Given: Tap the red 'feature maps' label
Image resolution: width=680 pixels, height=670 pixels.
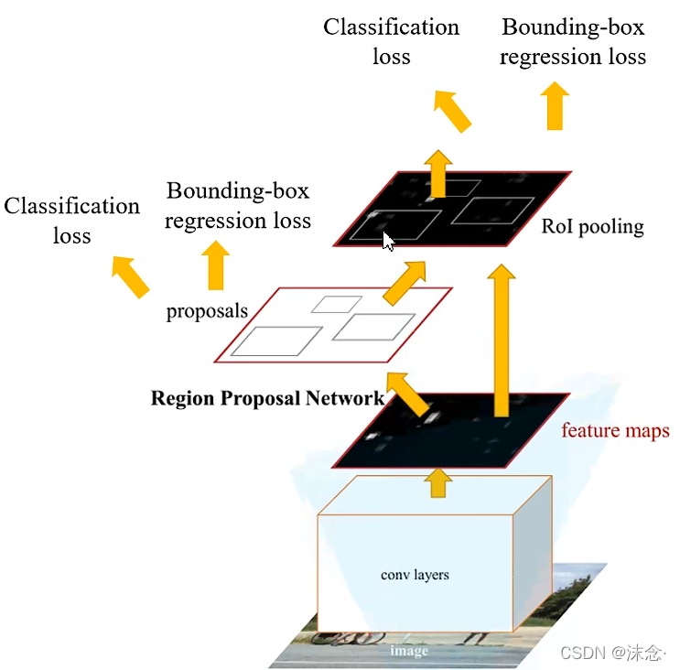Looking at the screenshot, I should [x=615, y=430].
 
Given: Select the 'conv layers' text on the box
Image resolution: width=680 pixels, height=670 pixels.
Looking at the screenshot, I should [x=415, y=575].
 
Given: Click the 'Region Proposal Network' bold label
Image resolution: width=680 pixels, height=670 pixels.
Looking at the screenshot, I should [x=267, y=398].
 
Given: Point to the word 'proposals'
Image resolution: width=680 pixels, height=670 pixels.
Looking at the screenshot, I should [x=207, y=311].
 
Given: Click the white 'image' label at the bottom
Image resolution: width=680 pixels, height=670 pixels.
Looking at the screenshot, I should [x=408, y=651].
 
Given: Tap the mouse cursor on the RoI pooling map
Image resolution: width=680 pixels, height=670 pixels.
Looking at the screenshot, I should [x=388, y=242].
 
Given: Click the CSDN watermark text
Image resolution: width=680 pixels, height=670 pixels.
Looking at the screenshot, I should [x=610, y=653].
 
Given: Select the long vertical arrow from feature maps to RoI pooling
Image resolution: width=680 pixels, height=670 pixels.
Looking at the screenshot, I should [x=500, y=339].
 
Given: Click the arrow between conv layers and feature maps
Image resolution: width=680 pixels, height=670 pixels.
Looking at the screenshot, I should [x=439, y=482].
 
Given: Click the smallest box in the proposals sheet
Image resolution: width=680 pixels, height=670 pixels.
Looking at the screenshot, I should [x=335, y=303].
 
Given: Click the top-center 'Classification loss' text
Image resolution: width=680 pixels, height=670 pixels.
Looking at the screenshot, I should [x=391, y=41].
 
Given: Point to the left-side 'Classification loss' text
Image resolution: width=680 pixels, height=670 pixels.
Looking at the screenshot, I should [x=72, y=221].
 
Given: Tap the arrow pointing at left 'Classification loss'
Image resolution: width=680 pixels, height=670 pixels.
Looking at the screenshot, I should [x=130, y=276].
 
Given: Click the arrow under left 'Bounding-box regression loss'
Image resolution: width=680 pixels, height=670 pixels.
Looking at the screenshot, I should [x=216, y=265].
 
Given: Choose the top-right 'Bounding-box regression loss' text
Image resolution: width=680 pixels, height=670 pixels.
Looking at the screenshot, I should [x=573, y=41].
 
